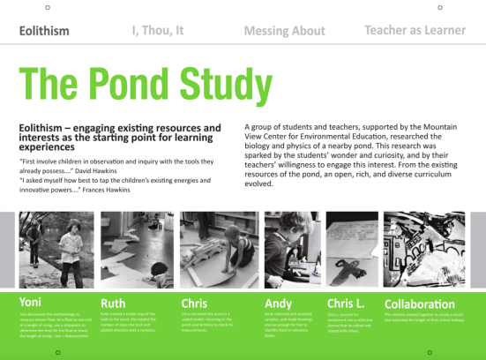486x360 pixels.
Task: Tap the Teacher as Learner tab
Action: (x=415, y=30)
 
